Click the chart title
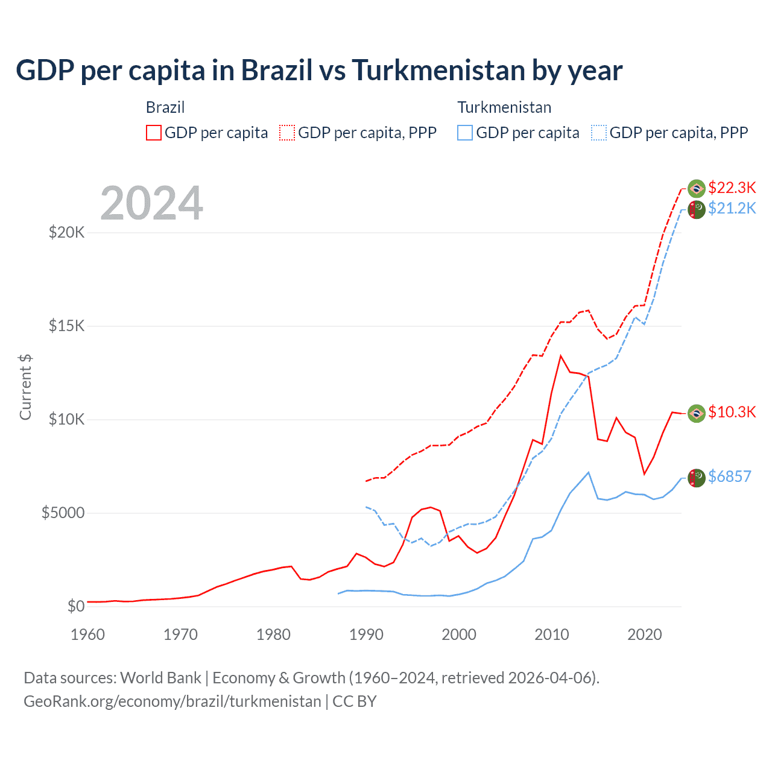click(x=319, y=71)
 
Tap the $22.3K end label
click(x=732, y=188)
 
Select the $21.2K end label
click(x=732, y=208)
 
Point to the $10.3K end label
click(x=732, y=412)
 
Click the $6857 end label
click(x=729, y=476)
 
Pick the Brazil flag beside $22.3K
click(x=697, y=189)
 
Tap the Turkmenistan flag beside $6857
click(x=697, y=478)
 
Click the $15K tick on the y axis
click(x=66, y=326)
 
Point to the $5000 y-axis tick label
click(x=63, y=513)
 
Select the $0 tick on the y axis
click(x=75, y=606)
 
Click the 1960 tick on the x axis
click(x=88, y=634)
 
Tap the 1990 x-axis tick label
click(x=366, y=634)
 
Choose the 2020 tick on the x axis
click(x=645, y=634)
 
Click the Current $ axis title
click(x=25, y=387)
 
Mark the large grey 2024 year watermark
click(x=151, y=203)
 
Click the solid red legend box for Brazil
click(x=154, y=133)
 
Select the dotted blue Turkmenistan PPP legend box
click(x=599, y=133)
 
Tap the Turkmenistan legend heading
click(x=504, y=107)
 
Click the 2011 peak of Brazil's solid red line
click(x=561, y=356)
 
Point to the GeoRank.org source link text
click(x=172, y=701)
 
